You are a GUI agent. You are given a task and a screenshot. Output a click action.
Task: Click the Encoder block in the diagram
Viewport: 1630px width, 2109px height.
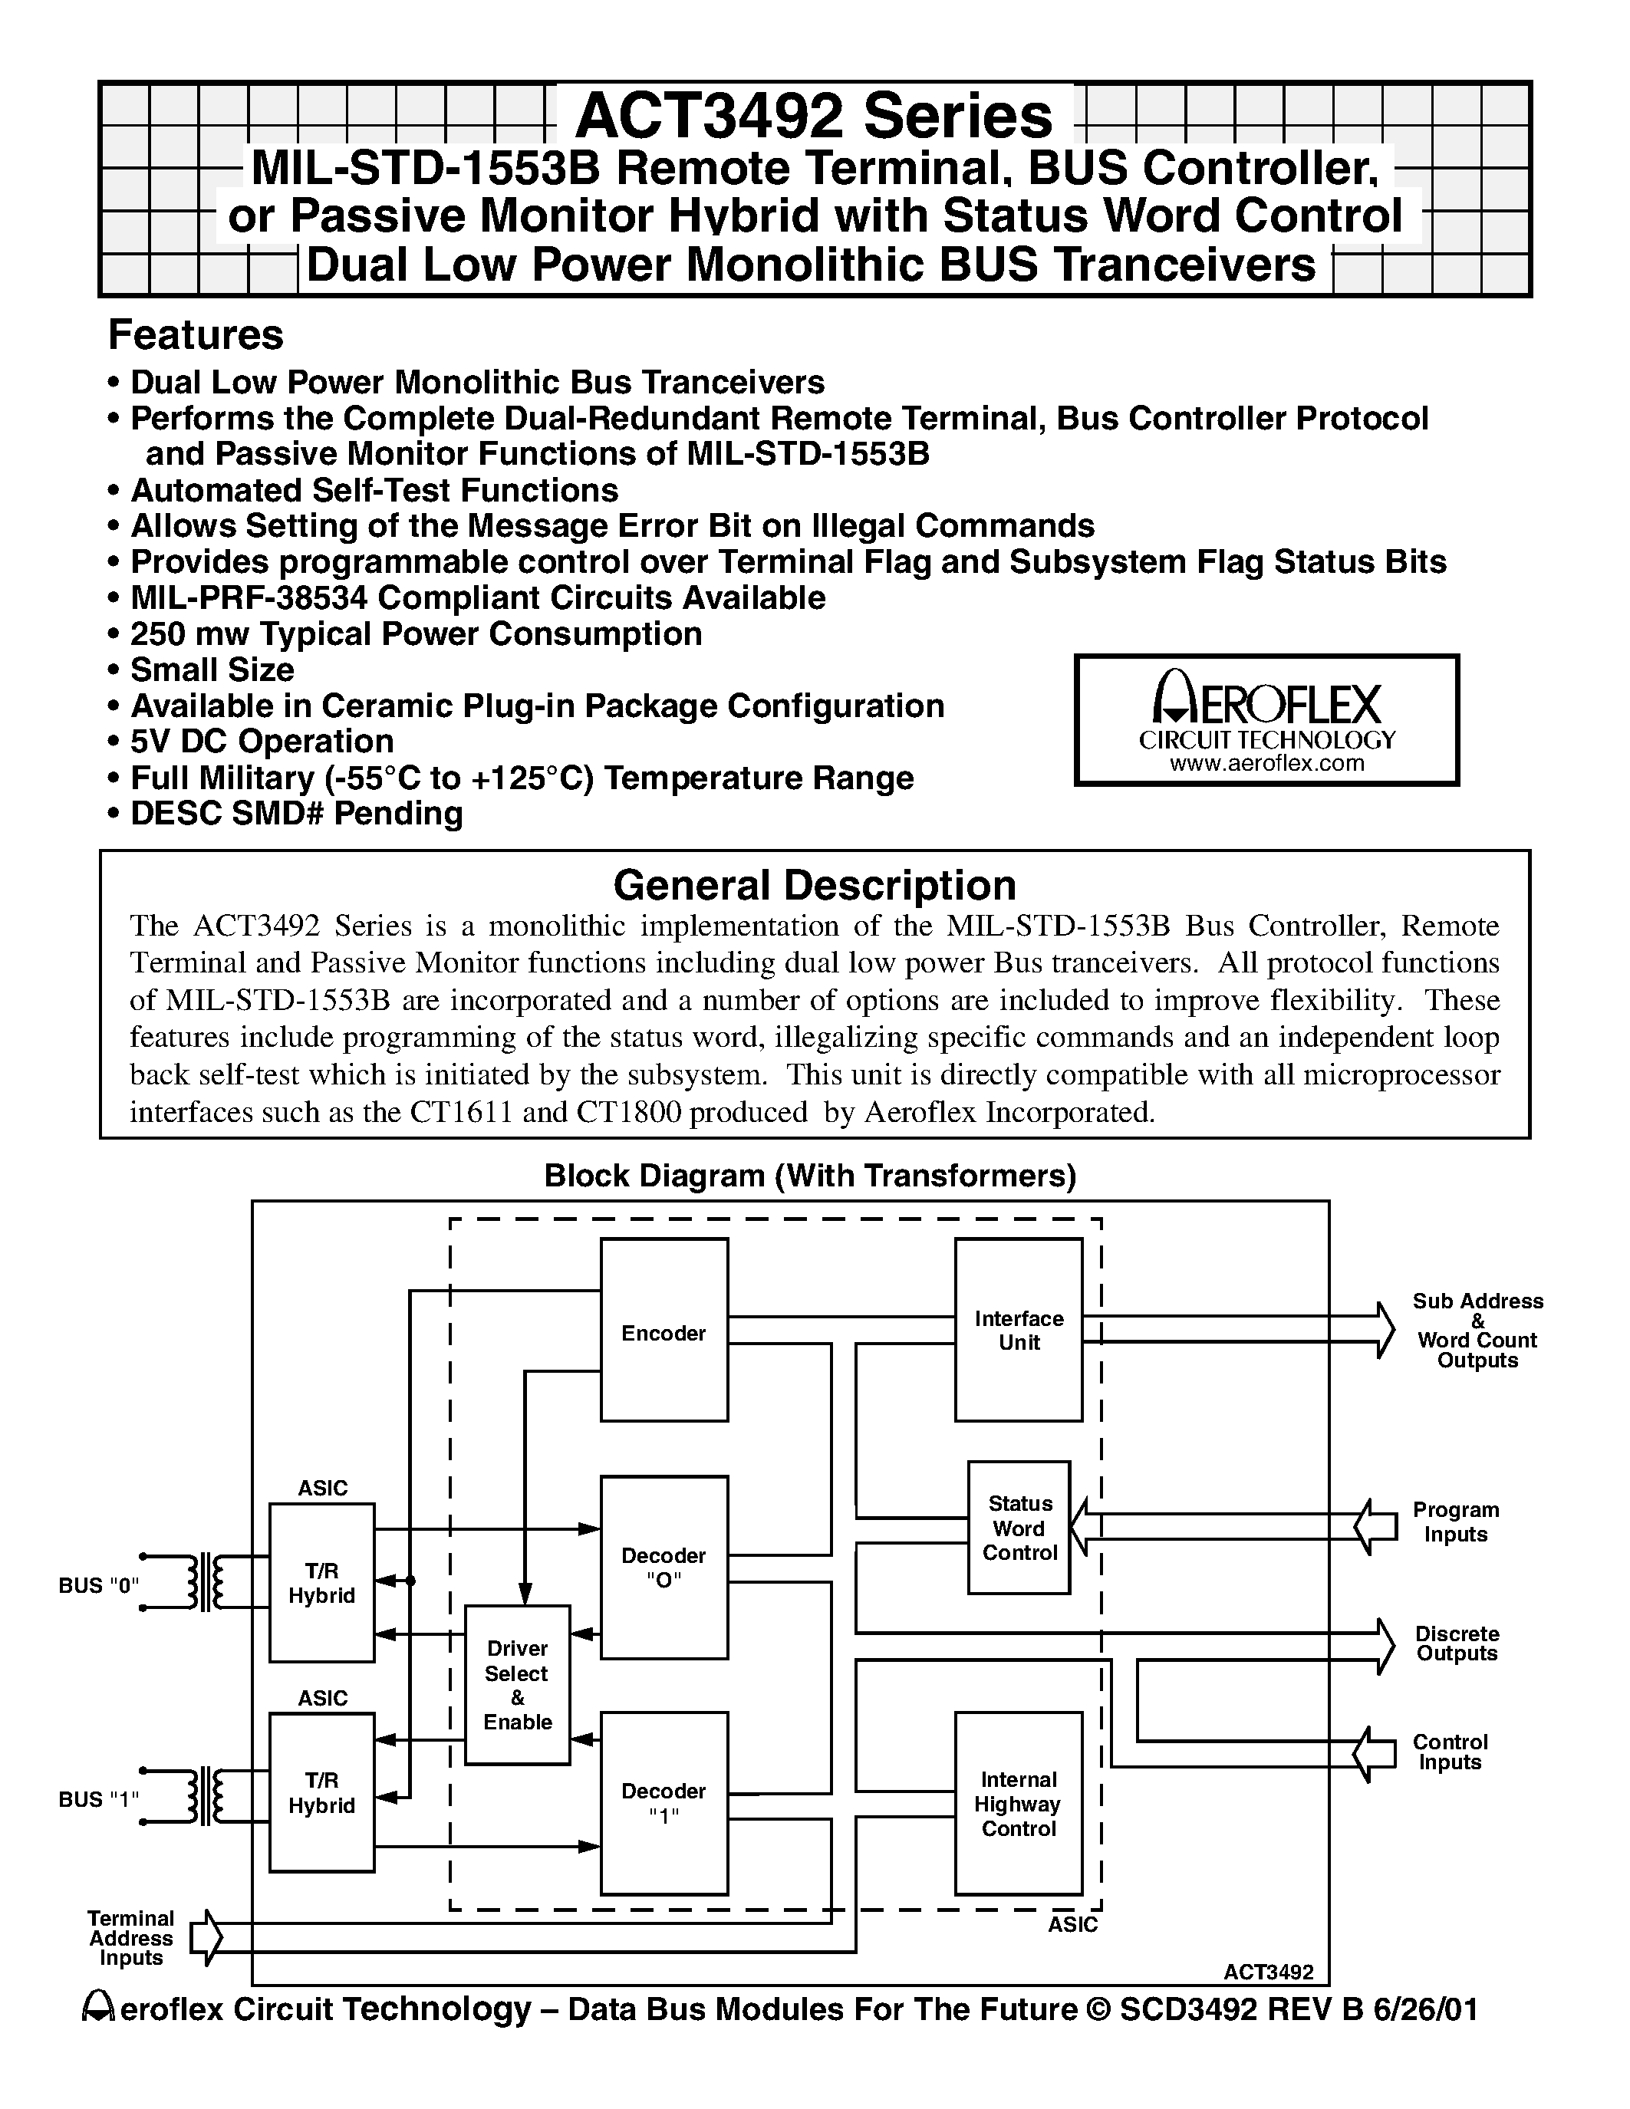[x=664, y=1330]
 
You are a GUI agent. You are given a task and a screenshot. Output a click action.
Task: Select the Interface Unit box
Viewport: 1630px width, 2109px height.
[x=1018, y=1330]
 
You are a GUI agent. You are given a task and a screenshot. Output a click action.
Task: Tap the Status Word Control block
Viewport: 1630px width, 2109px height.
[x=1019, y=1528]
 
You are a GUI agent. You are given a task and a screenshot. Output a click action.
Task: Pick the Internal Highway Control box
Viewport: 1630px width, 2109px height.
[x=1018, y=1803]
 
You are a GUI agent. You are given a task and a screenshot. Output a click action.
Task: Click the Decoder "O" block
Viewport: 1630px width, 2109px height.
[x=664, y=1566]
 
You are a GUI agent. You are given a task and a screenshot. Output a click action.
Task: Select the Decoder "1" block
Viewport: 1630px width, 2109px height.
[x=664, y=1803]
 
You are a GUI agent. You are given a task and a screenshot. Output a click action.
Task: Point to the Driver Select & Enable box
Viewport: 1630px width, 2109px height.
[x=517, y=1685]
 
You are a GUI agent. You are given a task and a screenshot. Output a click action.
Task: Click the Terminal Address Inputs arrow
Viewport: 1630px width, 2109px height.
[x=206, y=1937]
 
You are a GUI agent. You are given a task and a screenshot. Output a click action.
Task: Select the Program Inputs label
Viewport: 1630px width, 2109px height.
[x=1455, y=1522]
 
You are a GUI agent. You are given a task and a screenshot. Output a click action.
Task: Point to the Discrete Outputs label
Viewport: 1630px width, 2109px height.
[x=1456, y=1643]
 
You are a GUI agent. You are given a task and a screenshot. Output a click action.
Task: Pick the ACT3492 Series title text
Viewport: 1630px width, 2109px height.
[x=814, y=117]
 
